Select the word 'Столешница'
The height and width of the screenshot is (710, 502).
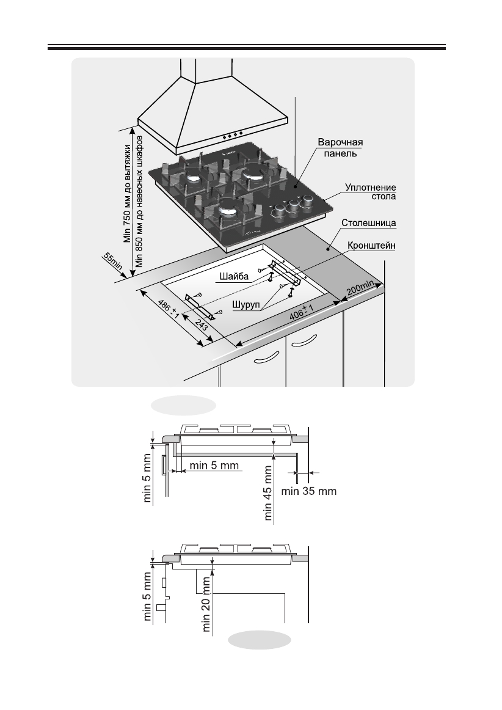(372, 224)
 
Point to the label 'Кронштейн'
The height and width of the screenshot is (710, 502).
(372, 245)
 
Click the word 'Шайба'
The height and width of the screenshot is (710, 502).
(234, 277)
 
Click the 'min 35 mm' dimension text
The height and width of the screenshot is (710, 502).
(309, 491)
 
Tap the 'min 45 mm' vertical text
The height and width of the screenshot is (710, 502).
(269, 491)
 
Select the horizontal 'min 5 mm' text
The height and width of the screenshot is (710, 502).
(213, 466)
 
